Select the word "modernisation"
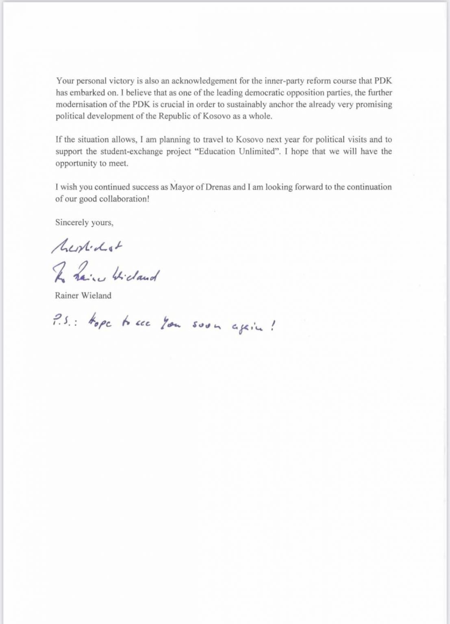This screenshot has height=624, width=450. coord(80,104)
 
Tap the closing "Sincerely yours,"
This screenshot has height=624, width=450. coord(84,223)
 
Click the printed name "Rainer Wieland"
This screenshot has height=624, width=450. coord(83,295)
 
